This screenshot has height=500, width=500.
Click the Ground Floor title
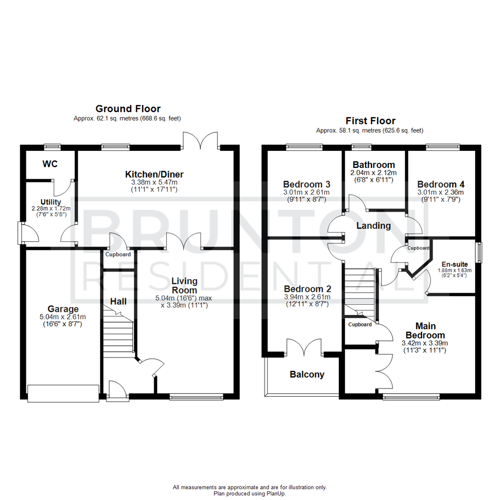[x=128, y=109]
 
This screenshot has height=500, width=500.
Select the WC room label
[x=50, y=164]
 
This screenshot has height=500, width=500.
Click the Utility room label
[x=50, y=202]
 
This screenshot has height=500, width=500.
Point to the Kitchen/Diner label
[x=154, y=175]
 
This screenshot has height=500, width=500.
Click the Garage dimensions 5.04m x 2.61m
[x=63, y=317]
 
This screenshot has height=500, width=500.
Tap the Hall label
[x=118, y=301]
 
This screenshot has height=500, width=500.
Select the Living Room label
[x=184, y=286]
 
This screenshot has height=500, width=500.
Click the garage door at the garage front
[x=63, y=393]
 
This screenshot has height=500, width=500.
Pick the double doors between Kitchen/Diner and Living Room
[x=184, y=241]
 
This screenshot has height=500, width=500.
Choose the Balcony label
[x=307, y=375]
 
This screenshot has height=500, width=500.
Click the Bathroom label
[x=374, y=165]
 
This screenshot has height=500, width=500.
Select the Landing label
[x=373, y=226]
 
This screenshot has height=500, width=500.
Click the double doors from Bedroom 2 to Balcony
[x=304, y=348]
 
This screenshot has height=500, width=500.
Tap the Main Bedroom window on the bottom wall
[x=411, y=397]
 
